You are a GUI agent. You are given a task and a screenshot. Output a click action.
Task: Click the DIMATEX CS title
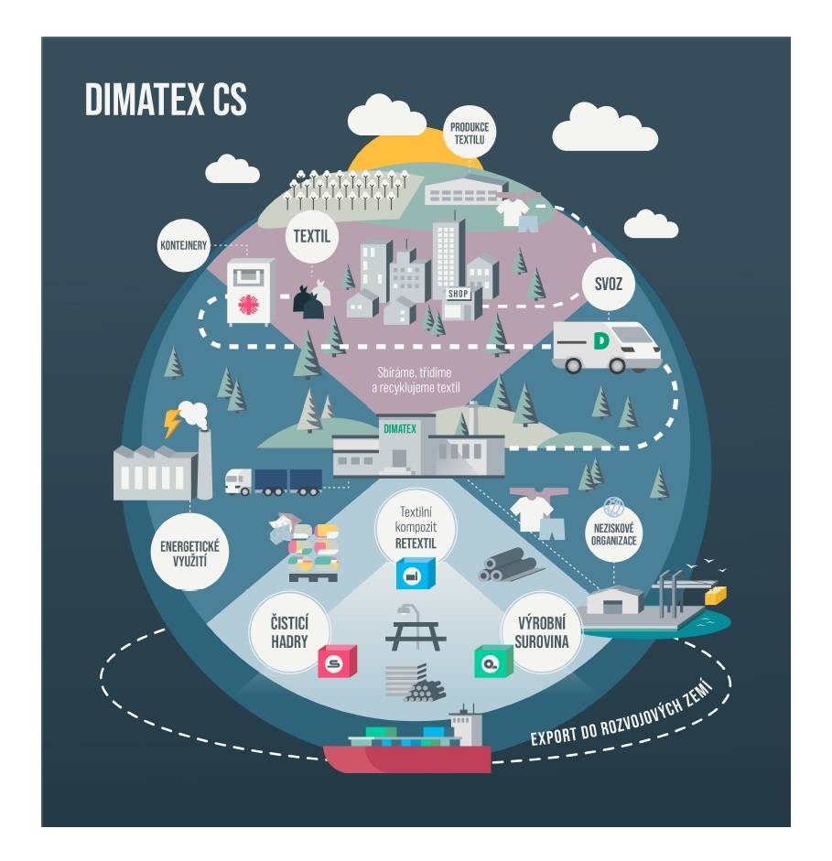pyautogui.click(x=166, y=100)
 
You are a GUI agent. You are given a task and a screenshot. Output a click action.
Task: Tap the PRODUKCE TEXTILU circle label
pyautogui.click(x=469, y=134)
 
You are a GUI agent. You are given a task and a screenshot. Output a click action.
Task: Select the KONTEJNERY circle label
pyautogui.click(x=184, y=244)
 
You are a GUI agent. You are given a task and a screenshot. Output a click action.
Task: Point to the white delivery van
pyautogui.click(x=605, y=348)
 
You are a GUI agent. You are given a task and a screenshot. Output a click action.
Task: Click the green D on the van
pyautogui.click(x=600, y=341)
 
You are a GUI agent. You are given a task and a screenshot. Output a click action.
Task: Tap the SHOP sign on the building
pyautogui.click(x=458, y=294)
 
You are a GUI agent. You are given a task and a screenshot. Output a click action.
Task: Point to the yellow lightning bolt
pyautogui.click(x=172, y=423)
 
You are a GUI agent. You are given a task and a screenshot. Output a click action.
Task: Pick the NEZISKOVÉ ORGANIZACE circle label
pyautogui.click(x=614, y=533)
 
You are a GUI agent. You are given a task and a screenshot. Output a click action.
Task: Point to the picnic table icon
pyautogui.click(x=415, y=628)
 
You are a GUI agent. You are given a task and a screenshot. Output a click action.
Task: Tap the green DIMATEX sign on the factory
pyautogui.click(x=399, y=428)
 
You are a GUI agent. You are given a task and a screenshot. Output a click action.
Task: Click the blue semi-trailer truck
pyautogui.click(x=275, y=479)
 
